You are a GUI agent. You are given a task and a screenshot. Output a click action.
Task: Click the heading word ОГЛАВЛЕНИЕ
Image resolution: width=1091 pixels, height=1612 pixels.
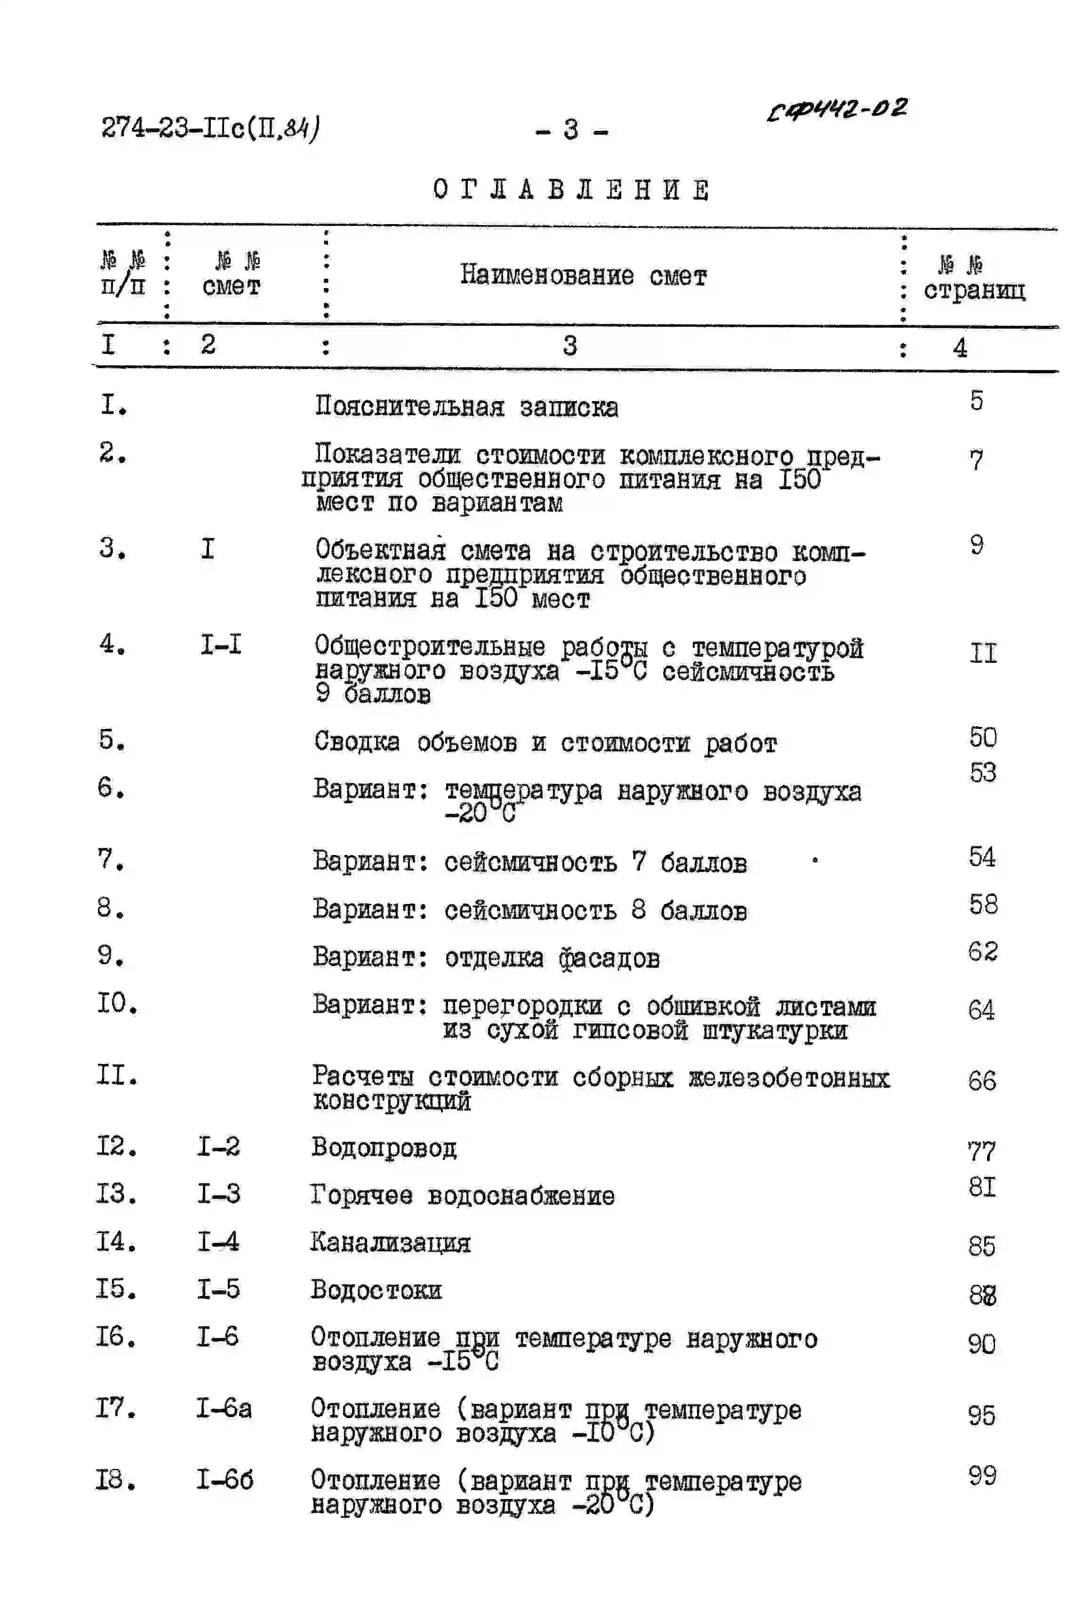(571, 189)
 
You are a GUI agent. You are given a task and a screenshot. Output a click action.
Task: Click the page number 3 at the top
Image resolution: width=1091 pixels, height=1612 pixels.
(571, 129)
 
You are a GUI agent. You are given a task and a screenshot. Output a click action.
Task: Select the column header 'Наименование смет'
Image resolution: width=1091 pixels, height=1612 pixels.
(583, 275)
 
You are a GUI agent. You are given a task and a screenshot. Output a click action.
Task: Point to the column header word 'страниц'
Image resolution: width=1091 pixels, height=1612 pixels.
(974, 290)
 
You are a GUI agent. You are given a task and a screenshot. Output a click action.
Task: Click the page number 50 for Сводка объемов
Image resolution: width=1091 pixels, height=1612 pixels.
(982, 737)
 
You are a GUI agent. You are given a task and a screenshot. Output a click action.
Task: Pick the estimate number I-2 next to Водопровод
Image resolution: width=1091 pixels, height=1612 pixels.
(218, 1146)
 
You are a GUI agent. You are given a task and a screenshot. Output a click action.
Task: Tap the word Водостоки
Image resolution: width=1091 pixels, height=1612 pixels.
(376, 1290)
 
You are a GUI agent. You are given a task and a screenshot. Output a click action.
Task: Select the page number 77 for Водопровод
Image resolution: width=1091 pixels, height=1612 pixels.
(981, 1152)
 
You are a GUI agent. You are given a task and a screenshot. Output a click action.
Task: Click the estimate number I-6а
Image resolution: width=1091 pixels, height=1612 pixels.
(224, 1409)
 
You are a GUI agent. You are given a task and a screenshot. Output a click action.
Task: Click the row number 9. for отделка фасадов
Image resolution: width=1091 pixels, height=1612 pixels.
(111, 956)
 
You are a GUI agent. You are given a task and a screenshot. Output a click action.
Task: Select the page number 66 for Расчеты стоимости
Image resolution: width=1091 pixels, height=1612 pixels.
(981, 1080)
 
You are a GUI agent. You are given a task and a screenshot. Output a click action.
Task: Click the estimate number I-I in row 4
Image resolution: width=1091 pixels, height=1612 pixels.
(221, 645)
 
